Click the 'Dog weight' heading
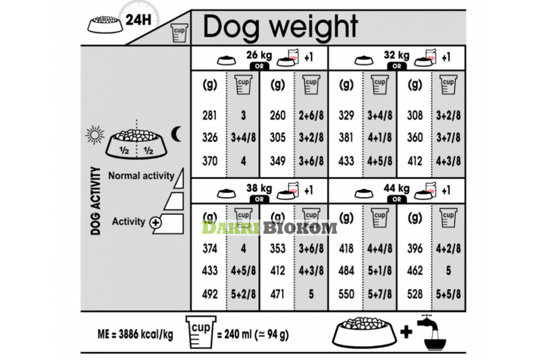(x=280, y=27)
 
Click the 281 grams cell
(x=210, y=115)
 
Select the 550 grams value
(x=346, y=295)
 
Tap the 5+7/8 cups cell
(x=380, y=295)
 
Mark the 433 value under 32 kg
(x=346, y=162)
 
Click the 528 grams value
(x=414, y=295)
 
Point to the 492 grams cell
(x=210, y=295)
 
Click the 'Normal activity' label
(x=140, y=176)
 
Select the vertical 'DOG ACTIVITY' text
(x=95, y=201)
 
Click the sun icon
(x=94, y=134)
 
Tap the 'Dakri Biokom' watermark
(x=269, y=228)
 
